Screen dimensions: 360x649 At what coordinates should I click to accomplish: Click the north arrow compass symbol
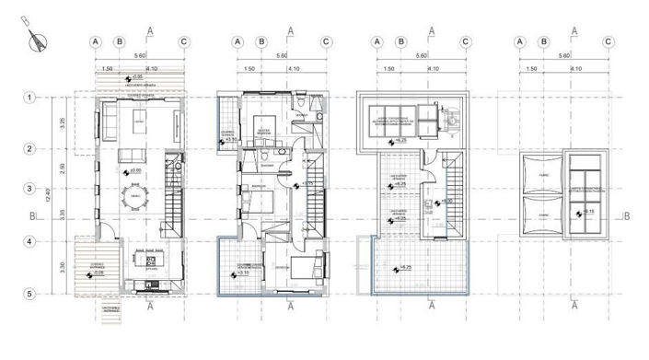[x=38, y=38]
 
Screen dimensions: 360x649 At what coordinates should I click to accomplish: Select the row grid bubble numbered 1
[x=29, y=97]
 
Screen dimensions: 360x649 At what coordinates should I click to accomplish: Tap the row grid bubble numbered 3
[x=29, y=189]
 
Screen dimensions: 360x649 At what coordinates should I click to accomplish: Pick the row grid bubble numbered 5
[x=29, y=294]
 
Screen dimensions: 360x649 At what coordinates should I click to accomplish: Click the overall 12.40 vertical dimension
[x=52, y=195]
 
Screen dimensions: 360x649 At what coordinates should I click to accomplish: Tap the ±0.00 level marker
[x=133, y=171]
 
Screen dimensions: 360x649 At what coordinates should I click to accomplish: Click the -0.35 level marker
[x=135, y=77]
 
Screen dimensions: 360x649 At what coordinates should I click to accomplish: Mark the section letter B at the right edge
[x=626, y=217]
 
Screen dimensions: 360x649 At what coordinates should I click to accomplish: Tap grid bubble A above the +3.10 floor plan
[x=237, y=41]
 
